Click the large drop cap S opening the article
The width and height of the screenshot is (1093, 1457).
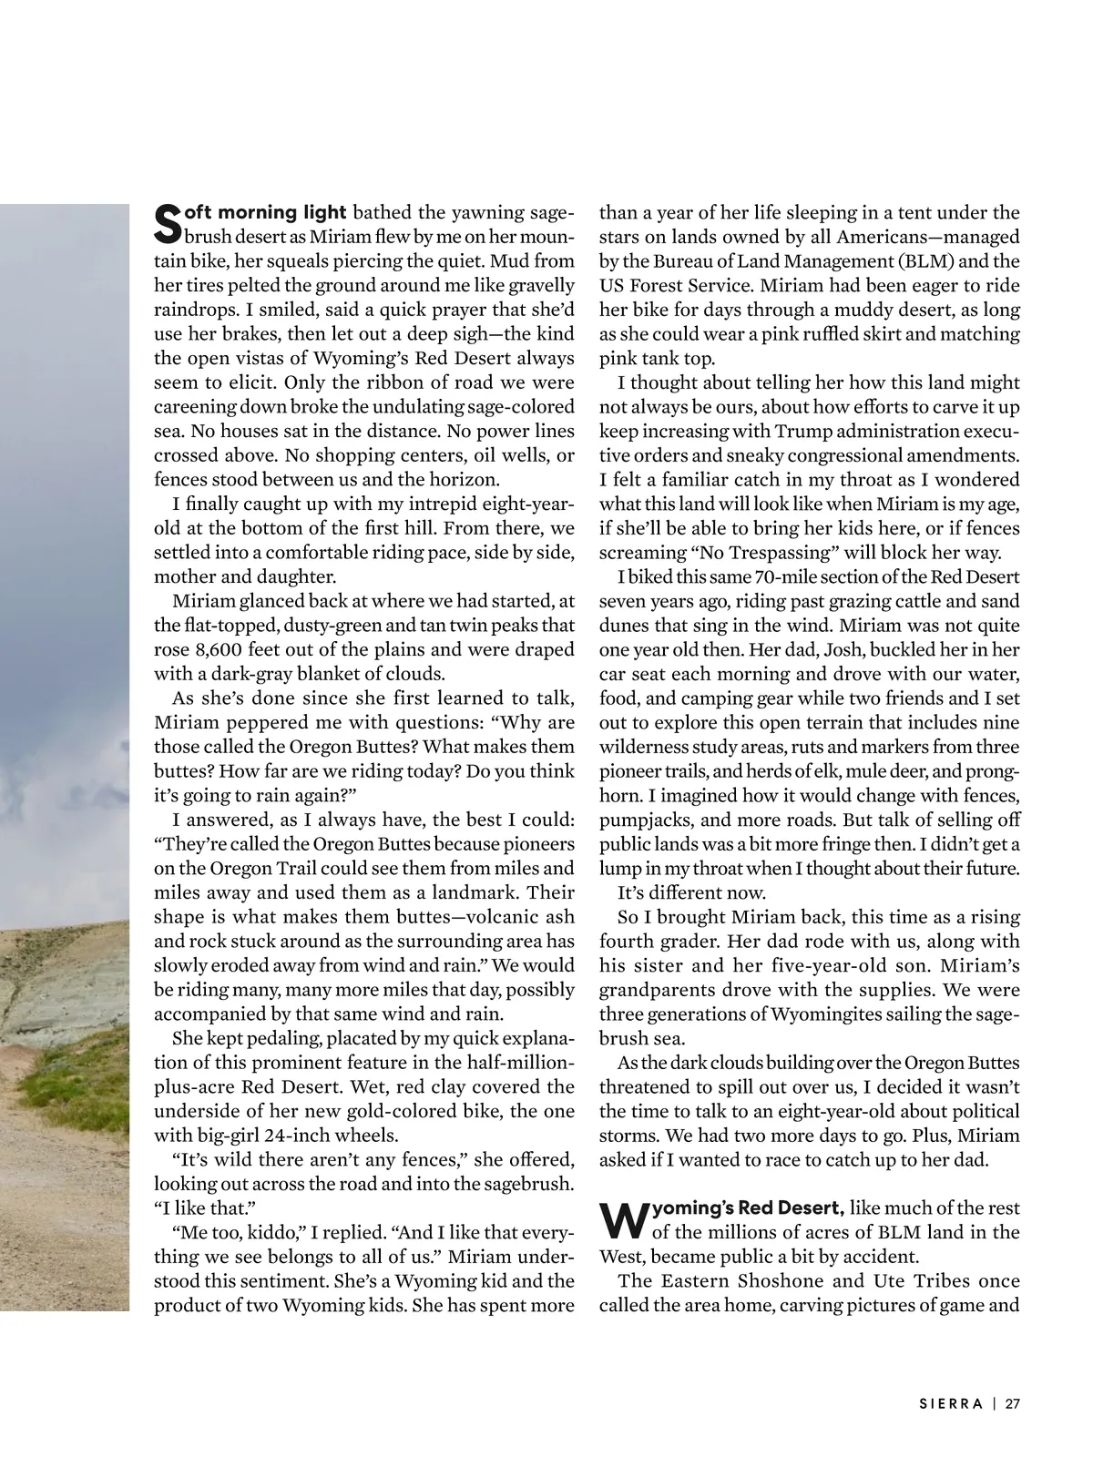tap(167, 224)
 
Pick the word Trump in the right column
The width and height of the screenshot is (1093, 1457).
tap(805, 432)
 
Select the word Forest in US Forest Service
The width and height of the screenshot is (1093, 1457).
tap(667, 286)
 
